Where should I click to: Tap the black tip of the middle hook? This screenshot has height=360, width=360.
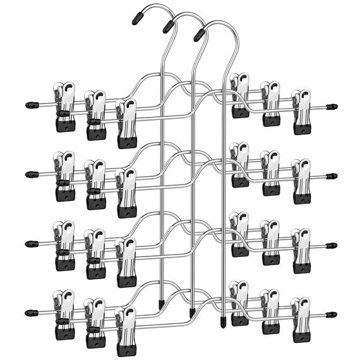(x=169, y=25)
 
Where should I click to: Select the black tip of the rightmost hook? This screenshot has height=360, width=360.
(x=200, y=32)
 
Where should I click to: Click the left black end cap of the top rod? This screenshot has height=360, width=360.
(x=28, y=103)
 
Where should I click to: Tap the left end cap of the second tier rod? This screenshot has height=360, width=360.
(x=28, y=172)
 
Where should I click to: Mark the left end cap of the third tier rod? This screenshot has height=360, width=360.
(x=28, y=243)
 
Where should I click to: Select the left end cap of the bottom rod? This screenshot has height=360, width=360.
(x=28, y=312)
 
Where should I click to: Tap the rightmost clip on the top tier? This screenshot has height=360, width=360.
(x=301, y=112)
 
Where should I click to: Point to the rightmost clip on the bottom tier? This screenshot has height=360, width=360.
(x=301, y=321)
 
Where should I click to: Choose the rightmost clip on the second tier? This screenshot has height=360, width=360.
(x=301, y=182)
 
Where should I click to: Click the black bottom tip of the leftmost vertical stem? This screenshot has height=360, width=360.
(x=162, y=306)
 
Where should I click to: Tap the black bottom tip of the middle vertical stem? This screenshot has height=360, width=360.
(x=191, y=313)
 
